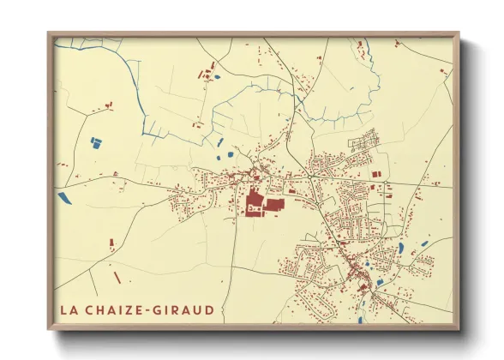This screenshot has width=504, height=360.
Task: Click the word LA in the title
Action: [69, 309]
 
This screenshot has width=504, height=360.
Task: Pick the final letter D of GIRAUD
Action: [210, 309]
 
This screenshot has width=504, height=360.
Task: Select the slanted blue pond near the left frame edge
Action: [65, 198]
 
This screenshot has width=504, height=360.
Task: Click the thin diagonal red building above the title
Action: [117, 278]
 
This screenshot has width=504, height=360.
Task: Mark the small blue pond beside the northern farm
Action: [216, 78]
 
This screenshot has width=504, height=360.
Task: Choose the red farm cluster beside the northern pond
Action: [206, 74]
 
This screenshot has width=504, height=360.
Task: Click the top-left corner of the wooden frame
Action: [49, 33]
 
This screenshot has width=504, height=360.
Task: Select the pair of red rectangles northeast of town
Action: [375, 175]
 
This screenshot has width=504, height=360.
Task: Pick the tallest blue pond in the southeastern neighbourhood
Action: [400, 249]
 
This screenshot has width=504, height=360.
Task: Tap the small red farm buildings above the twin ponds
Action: [107, 105]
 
